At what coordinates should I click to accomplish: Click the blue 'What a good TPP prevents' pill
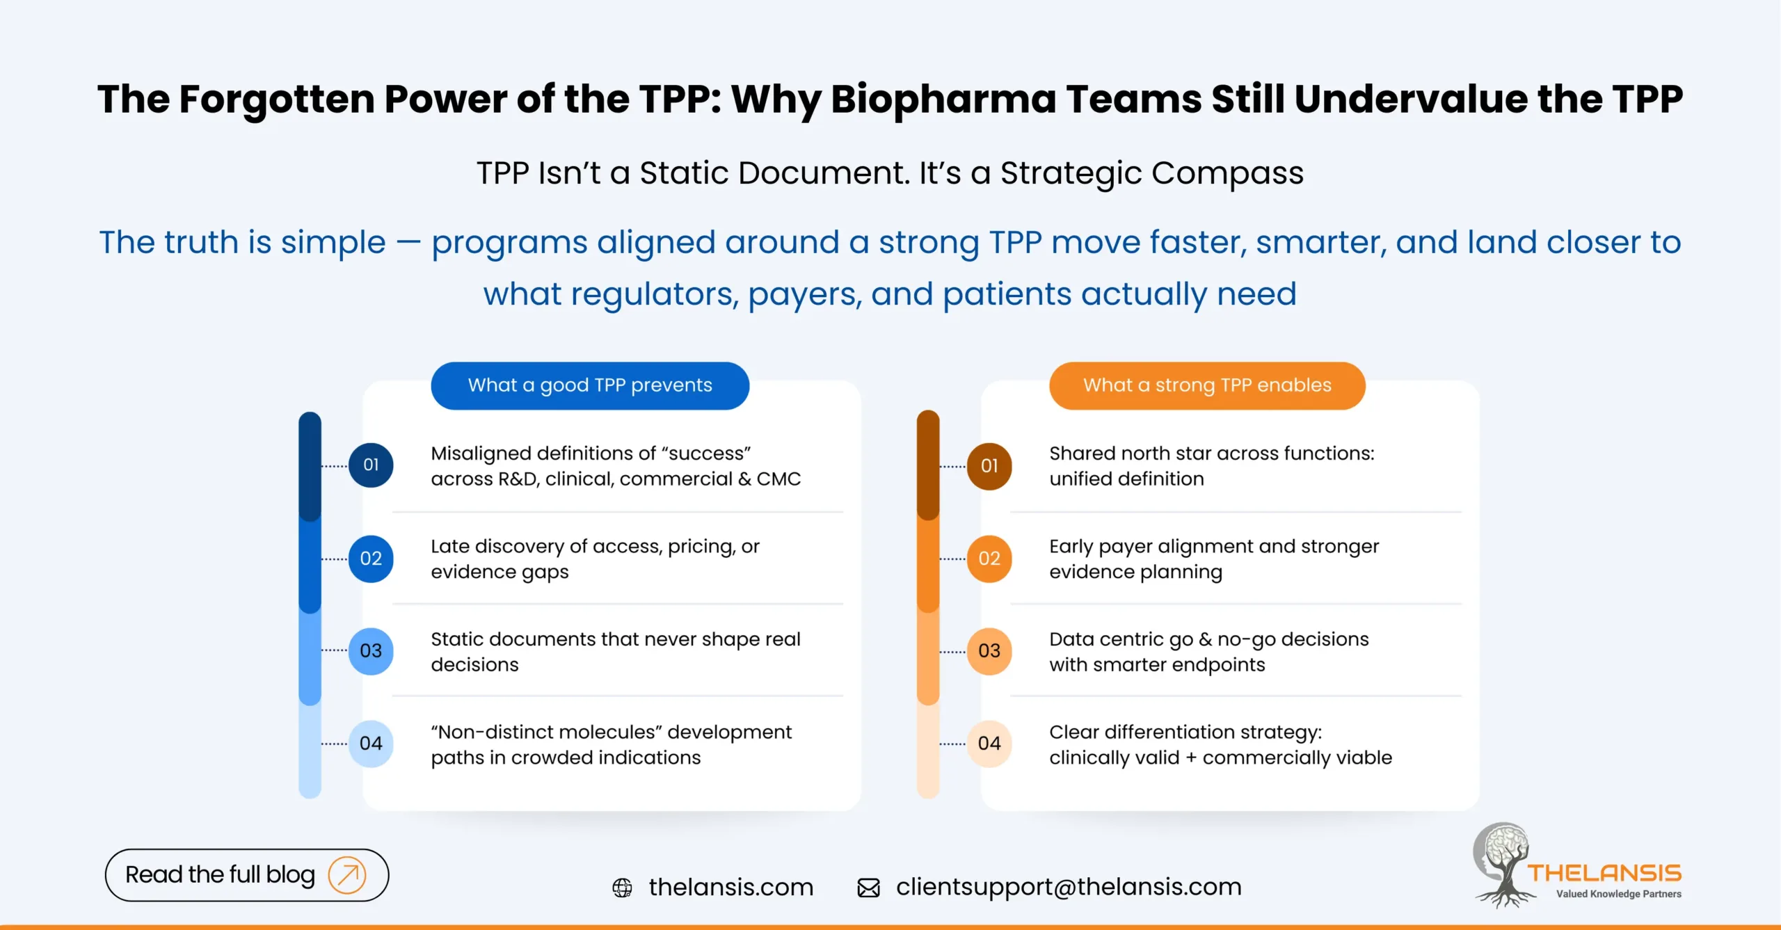pyautogui.click(x=590, y=385)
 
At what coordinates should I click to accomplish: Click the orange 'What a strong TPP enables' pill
pyautogui.click(x=1207, y=385)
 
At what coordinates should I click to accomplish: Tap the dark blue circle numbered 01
pyautogui.click(x=371, y=465)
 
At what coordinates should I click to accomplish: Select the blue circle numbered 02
pyautogui.click(x=371, y=558)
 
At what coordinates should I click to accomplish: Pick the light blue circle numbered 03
pyautogui.click(x=371, y=651)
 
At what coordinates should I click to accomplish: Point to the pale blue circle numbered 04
pyautogui.click(x=371, y=744)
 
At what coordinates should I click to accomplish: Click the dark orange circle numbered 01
pyautogui.click(x=989, y=465)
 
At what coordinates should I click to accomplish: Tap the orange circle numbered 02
pyautogui.click(x=989, y=558)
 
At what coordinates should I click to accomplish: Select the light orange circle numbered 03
pyautogui.click(x=989, y=651)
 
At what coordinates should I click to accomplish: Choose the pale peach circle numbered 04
pyautogui.click(x=989, y=744)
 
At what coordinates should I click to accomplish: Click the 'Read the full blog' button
pyautogui.click(x=220, y=874)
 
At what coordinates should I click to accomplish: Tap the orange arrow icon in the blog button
pyautogui.click(x=347, y=874)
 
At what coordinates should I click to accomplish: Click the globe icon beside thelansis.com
pyautogui.click(x=622, y=888)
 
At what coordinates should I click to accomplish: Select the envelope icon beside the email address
pyautogui.click(x=868, y=888)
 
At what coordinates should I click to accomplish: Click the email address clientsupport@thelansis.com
pyautogui.click(x=1069, y=887)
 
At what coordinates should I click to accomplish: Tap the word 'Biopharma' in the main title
pyautogui.click(x=943, y=99)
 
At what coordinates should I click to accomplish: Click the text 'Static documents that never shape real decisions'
pyautogui.click(x=615, y=652)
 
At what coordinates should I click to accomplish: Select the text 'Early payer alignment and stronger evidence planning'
pyautogui.click(x=1214, y=559)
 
